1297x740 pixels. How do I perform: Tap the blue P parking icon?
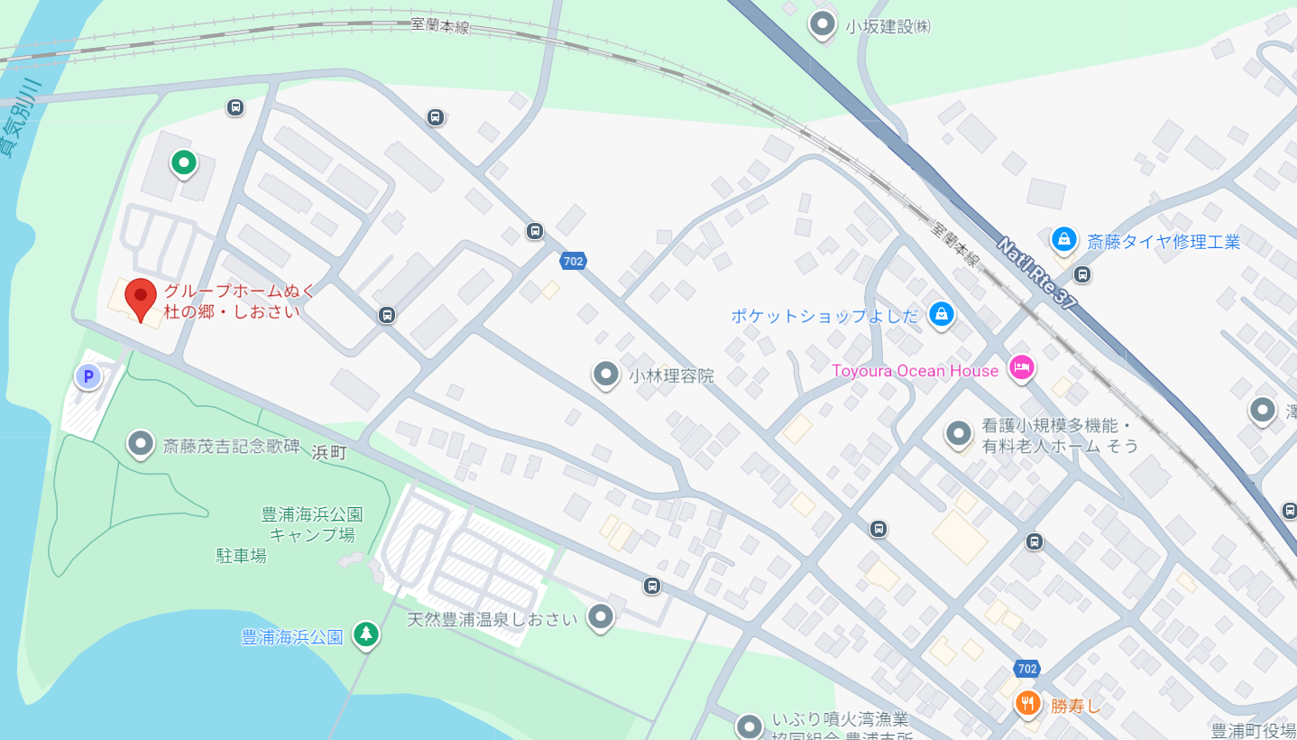click(x=87, y=376)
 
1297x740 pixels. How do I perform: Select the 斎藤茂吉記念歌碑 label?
click(x=230, y=445)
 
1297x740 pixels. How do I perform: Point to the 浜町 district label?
click(x=329, y=453)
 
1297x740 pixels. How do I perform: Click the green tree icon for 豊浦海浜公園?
click(x=365, y=634)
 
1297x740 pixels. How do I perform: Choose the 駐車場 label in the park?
click(x=241, y=555)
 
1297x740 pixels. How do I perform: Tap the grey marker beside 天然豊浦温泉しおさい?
click(x=600, y=617)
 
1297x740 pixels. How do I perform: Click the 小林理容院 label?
click(x=671, y=375)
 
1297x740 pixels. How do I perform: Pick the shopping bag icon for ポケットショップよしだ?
click(x=941, y=314)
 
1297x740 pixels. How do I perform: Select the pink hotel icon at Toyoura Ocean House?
click(x=1021, y=367)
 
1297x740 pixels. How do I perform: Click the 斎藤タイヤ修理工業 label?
click(x=1164, y=241)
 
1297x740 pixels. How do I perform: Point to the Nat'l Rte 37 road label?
click(x=1037, y=273)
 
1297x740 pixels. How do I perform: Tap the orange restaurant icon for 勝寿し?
click(x=1027, y=703)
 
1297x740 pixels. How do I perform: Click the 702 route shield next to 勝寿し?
click(x=1026, y=669)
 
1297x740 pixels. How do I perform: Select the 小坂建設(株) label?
click(x=888, y=26)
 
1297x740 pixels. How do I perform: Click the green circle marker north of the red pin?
click(x=183, y=162)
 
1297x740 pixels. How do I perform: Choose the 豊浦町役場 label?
click(x=1253, y=730)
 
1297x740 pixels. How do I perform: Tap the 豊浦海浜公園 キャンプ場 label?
click(x=312, y=524)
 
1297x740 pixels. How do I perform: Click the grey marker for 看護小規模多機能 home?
click(x=958, y=434)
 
